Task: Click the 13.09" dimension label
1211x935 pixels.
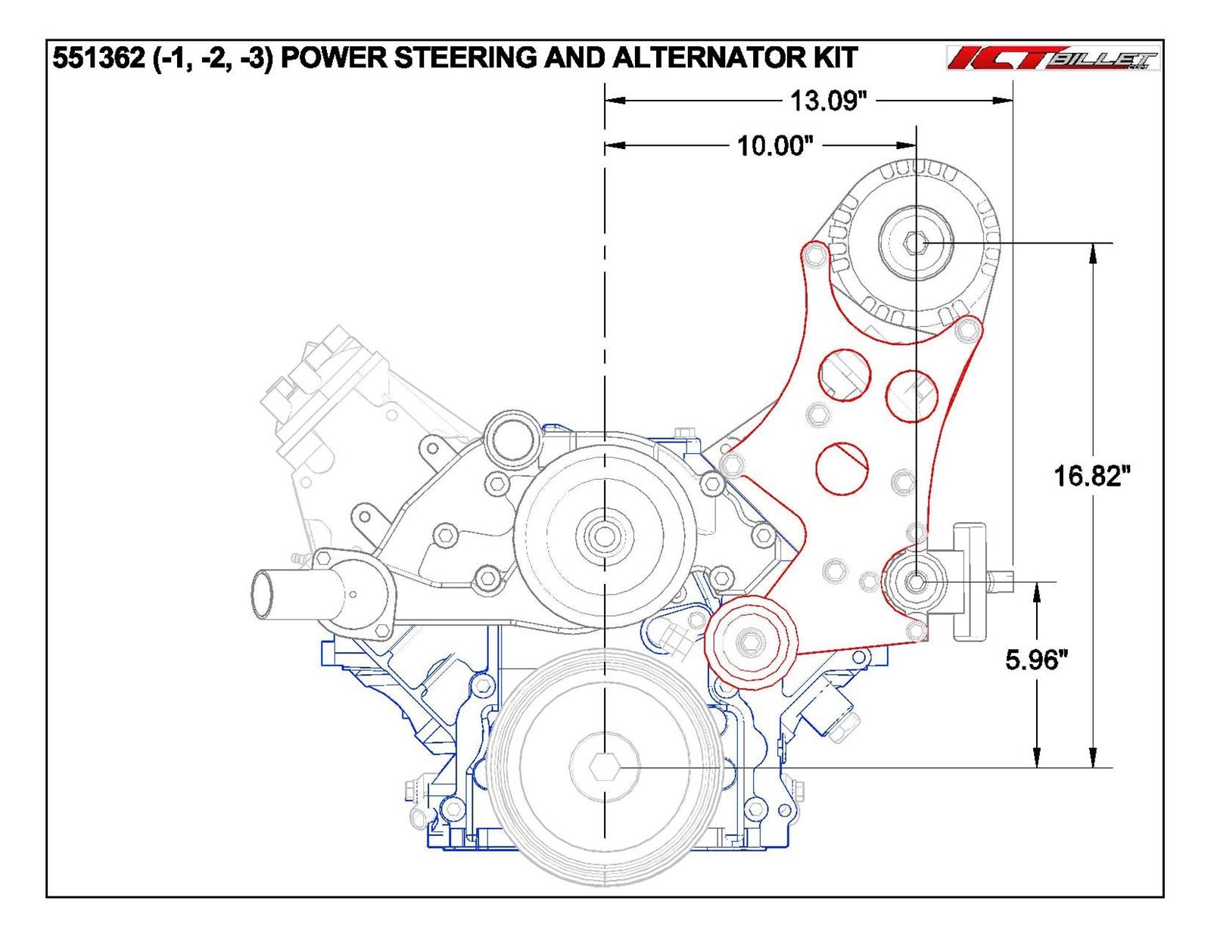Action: pos(828,101)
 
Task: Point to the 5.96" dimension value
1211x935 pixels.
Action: pos(1036,660)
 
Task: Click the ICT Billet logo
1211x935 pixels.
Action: pos(1053,59)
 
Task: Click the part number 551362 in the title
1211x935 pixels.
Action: pos(98,58)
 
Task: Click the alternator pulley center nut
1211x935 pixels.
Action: pos(917,243)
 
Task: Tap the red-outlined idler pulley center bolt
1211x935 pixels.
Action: pos(749,641)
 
